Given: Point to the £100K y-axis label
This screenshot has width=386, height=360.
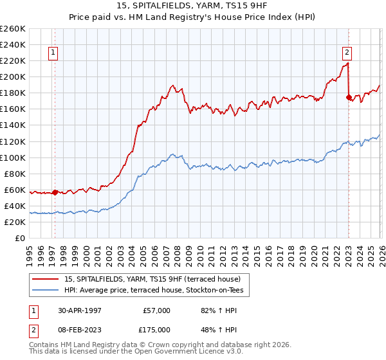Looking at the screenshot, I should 13,157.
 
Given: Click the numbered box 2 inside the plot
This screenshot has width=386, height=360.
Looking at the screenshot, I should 347,53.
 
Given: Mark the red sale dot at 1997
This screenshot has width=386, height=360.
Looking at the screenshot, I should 55,192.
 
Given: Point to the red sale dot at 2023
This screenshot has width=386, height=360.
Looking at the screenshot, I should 349,97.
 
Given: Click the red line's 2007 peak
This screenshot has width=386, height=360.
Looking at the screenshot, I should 172,85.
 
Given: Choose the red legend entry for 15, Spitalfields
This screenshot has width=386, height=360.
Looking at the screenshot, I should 152,279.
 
